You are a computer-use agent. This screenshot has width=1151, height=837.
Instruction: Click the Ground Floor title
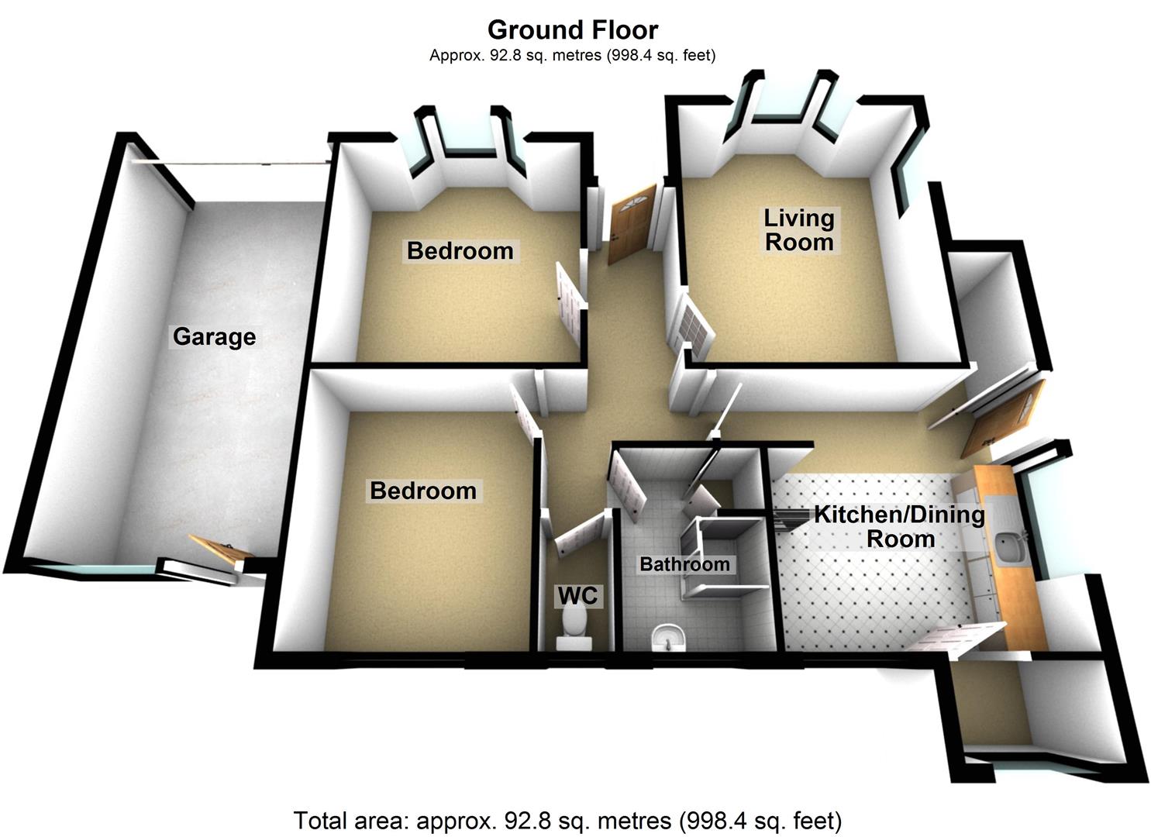573,29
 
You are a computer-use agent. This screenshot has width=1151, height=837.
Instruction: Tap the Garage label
214,337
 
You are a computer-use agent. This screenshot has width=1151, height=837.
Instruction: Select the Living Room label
799,229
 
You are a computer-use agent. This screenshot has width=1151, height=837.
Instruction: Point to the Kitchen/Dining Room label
900,527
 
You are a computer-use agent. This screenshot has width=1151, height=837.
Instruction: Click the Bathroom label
684,564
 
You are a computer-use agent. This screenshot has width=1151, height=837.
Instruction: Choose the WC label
577,596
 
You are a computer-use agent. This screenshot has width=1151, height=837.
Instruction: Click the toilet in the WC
574,630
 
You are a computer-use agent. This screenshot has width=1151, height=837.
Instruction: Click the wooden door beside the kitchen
1003,419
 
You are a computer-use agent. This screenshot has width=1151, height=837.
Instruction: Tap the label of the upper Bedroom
460,251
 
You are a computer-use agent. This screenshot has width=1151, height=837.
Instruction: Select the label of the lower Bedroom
423,491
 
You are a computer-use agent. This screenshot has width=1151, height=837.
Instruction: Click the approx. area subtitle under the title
573,55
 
